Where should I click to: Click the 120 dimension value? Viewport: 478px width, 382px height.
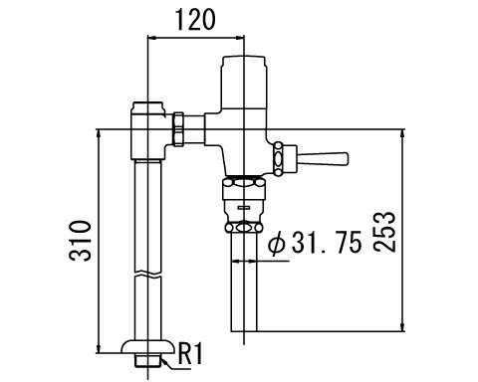click(195, 19)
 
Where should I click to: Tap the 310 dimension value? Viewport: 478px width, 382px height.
click(80, 241)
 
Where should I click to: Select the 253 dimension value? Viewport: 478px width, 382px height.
click(384, 232)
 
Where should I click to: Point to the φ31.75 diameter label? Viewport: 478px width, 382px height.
click(315, 243)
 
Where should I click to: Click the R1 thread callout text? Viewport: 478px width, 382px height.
click(190, 353)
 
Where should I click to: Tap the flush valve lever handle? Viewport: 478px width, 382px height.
click(323, 158)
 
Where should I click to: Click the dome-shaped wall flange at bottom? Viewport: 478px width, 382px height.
click(147, 346)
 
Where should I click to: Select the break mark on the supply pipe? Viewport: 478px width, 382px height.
click(148, 275)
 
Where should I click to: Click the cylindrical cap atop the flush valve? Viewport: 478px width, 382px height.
click(244, 82)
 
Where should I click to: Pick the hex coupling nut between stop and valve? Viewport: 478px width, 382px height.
click(178, 129)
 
